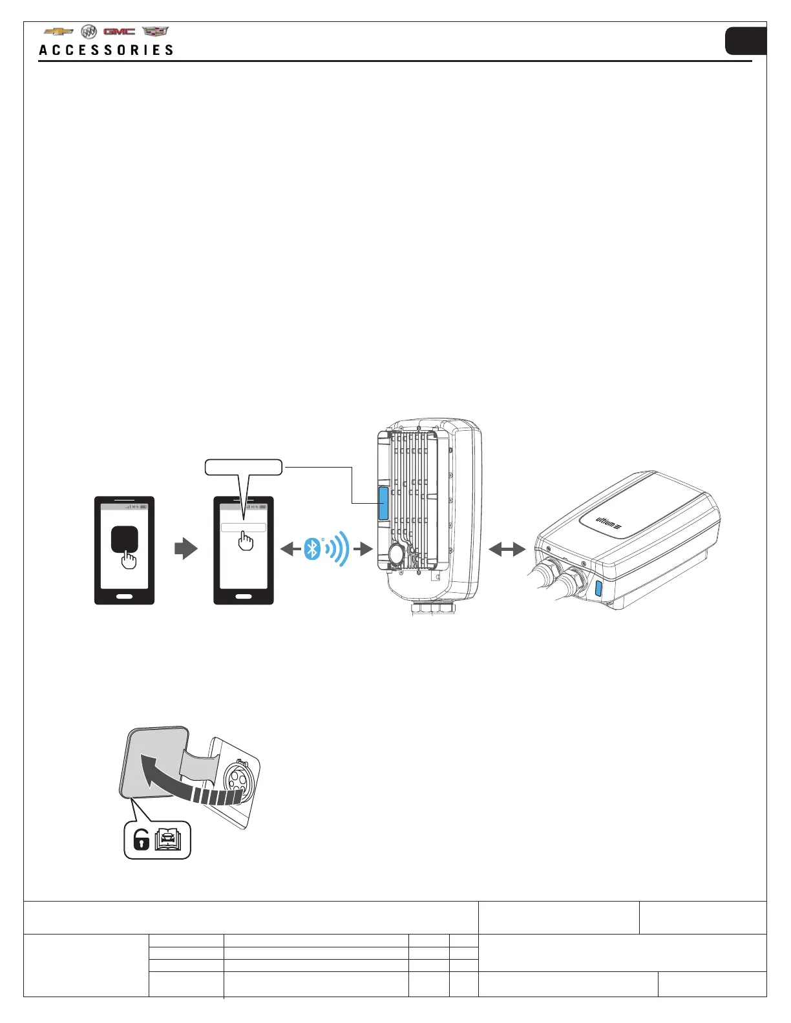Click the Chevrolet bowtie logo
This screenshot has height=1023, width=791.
pos(58,32)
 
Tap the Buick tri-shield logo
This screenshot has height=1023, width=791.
pos(89,32)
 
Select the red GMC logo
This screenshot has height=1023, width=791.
pos(120,32)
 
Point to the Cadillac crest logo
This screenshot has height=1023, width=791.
pos(155,31)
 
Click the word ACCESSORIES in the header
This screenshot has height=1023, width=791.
pos(107,50)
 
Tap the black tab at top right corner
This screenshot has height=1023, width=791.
pos(746,41)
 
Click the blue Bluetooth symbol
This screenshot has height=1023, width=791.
pos(312,550)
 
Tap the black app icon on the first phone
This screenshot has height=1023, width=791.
pos(124,538)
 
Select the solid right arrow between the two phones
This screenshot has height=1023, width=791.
pos(186,550)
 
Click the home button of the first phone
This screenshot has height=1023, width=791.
pos(124,595)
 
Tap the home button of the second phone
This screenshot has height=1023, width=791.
pos(244,595)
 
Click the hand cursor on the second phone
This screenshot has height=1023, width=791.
pos(246,541)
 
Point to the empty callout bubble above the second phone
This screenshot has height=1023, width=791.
pos(244,467)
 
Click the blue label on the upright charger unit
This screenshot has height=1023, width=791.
pos(383,504)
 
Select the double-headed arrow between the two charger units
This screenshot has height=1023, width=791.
pos(508,550)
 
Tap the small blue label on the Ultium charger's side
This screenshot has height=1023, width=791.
pos(598,588)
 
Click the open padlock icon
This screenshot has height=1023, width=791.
pos(141,840)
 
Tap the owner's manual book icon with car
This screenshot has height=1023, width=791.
pos(168,839)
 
